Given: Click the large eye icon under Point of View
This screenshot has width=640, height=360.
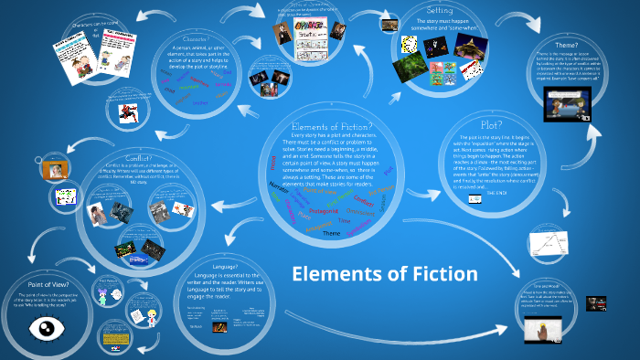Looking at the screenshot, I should coord(41,327).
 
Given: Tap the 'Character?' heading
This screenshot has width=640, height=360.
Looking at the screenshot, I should coord(189,39).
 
